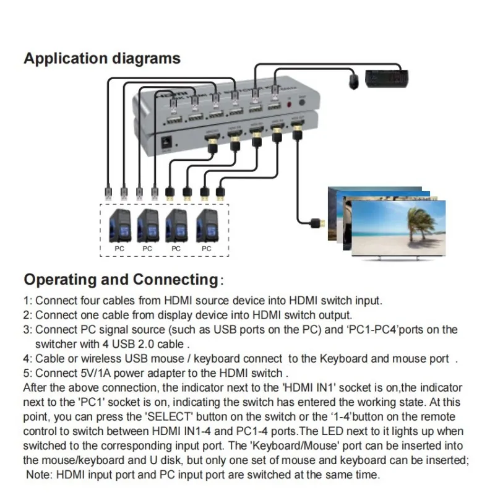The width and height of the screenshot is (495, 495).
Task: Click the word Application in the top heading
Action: (x=65, y=59)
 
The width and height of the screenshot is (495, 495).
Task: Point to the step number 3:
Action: (x=27, y=329)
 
